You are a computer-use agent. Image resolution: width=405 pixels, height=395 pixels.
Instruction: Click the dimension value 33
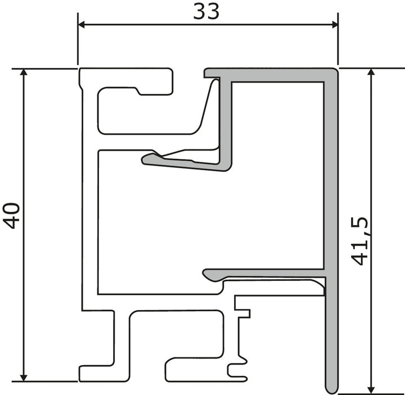pyautogui.click(x=206, y=12)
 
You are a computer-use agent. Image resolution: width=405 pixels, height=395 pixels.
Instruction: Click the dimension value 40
pyautogui.click(x=12, y=216)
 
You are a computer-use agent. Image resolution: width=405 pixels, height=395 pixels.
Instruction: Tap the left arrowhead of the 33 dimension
pyautogui.click(x=82, y=25)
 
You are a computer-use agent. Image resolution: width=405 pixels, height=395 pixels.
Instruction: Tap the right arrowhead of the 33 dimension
pyautogui.click(x=335, y=25)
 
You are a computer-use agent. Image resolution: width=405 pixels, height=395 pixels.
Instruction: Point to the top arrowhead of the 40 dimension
pyautogui.click(x=24, y=72)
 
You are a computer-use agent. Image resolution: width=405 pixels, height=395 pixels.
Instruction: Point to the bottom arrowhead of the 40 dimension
pyautogui.click(x=24, y=378)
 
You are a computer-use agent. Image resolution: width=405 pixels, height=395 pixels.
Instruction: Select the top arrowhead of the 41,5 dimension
pyautogui.click(x=371, y=72)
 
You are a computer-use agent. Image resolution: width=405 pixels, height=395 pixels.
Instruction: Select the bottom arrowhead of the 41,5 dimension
pyautogui.click(x=371, y=391)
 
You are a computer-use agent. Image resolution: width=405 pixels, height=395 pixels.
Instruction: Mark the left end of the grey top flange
pyautogui.click(x=206, y=73)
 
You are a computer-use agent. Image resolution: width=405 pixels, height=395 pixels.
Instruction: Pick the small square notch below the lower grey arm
pyautogui.click(x=244, y=313)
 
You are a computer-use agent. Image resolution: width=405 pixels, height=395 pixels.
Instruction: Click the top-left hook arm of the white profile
pyautogui.click(x=126, y=81)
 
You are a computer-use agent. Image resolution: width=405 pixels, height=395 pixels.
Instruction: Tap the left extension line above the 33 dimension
pyautogui.click(x=78, y=39)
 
